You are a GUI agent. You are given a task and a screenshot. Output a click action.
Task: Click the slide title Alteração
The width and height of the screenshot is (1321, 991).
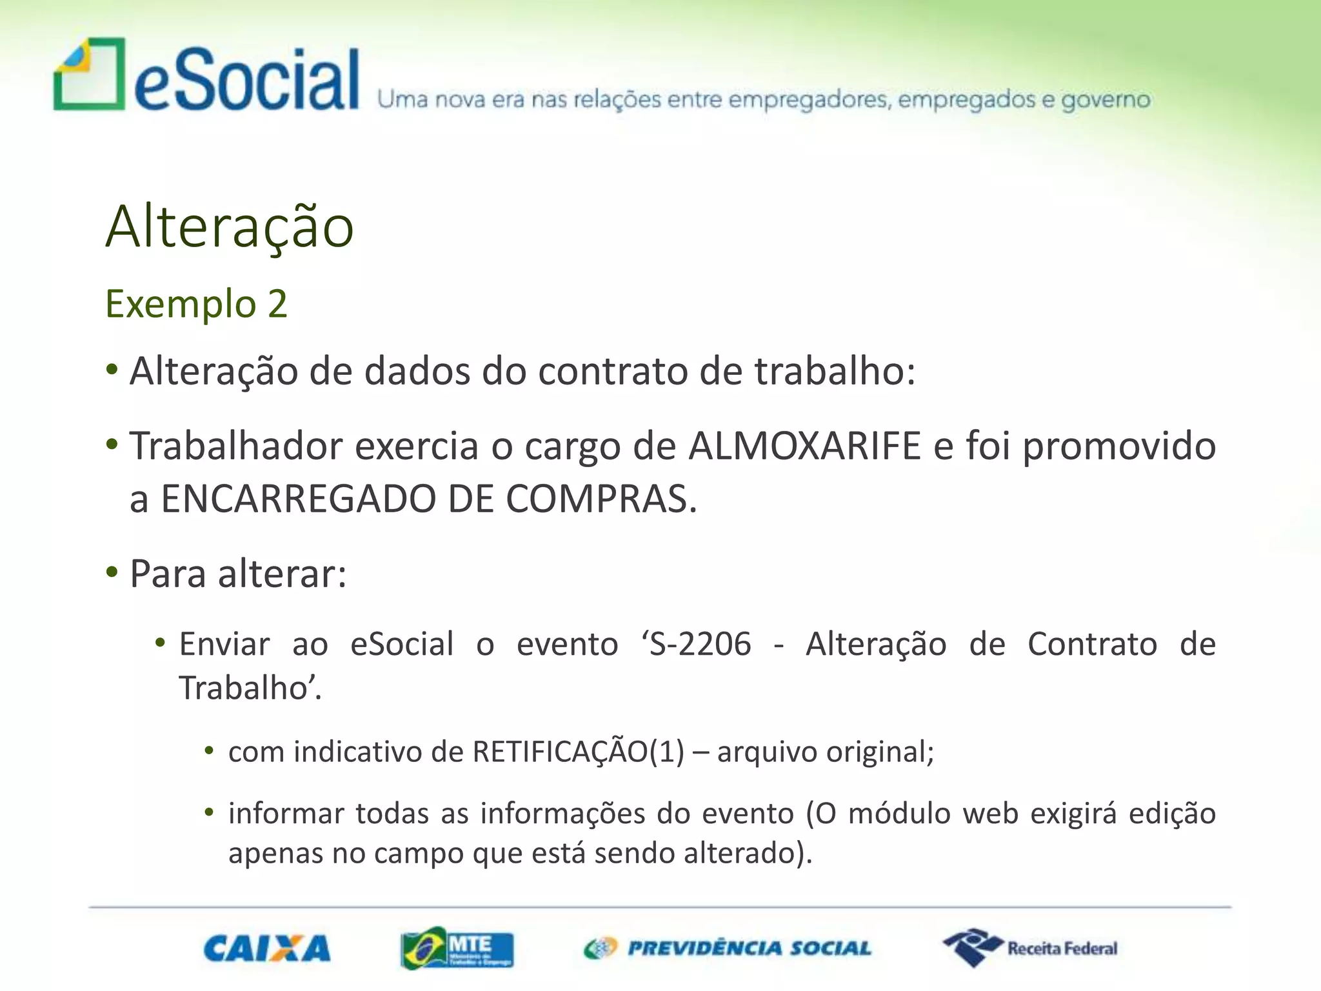click(x=230, y=227)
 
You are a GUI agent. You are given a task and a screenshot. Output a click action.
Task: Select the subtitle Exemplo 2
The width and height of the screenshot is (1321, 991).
click(x=196, y=304)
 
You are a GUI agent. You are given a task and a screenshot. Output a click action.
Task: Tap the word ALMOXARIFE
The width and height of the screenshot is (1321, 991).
click(x=804, y=446)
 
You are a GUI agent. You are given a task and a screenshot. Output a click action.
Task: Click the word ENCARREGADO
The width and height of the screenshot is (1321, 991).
click(x=298, y=499)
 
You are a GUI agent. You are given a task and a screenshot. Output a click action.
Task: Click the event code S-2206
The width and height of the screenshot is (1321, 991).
click(x=700, y=645)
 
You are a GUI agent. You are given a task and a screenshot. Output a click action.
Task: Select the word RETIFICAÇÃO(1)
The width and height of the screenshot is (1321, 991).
click(x=578, y=752)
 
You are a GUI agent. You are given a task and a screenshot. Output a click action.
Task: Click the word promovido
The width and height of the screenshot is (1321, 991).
click(x=1119, y=446)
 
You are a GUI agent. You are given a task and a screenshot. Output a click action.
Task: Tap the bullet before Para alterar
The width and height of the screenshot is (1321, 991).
click(x=112, y=572)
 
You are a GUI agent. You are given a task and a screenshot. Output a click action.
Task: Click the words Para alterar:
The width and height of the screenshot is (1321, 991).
click(x=238, y=574)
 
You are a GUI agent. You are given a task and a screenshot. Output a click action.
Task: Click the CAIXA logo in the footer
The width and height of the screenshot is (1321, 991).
click(x=267, y=948)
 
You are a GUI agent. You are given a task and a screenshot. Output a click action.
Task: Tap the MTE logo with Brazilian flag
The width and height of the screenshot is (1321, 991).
click(x=457, y=948)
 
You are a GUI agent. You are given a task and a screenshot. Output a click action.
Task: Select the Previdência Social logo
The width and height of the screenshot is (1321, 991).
click(x=728, y=948)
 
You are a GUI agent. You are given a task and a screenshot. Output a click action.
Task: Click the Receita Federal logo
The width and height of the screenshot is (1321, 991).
click(x=1029, y=948)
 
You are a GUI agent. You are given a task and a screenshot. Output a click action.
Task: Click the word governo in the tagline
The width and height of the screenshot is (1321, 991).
click(x=1106, y=101)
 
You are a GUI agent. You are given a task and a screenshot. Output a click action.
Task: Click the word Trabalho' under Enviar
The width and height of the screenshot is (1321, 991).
click(x=249, y=688)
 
